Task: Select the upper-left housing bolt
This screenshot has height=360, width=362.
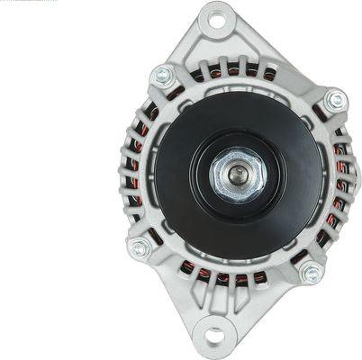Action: point(163,76)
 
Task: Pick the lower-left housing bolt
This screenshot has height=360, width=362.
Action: point(140,247)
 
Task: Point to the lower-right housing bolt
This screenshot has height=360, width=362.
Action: point(312,273)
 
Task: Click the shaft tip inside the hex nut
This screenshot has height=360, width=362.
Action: point(237,175)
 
